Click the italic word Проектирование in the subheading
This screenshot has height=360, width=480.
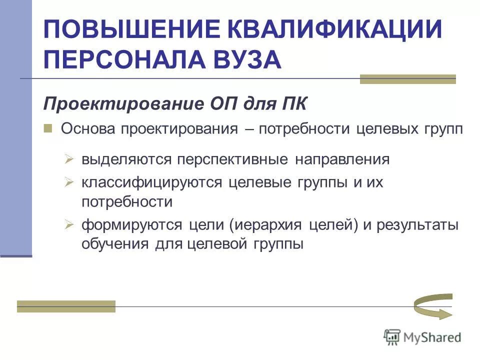(x=120, y=104)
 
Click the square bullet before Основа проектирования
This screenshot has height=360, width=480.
(x=48, y=128)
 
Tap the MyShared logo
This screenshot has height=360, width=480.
(x=422, y=337)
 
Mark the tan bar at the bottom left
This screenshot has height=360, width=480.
(x=66, y=306)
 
